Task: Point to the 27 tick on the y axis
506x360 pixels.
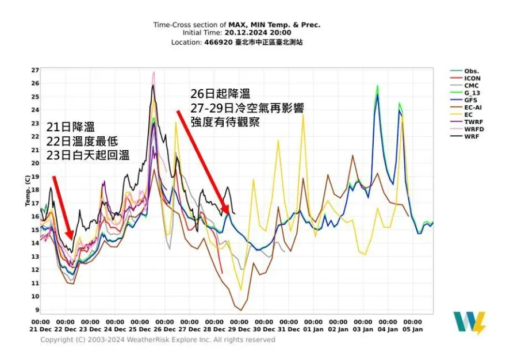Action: click(35, 70)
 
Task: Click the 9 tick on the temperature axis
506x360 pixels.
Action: click(36, 310)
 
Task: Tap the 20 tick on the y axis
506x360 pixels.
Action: click(35, 163)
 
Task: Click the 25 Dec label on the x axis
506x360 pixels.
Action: click(139, 329)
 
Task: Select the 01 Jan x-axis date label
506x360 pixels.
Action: click(313, 329)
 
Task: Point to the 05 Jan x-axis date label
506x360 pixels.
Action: click(412, 329)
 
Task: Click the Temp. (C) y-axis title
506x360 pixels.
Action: click(26, 190)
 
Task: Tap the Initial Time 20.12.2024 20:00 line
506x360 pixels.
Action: click(236, 33)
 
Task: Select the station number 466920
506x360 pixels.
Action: click(216, 42)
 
